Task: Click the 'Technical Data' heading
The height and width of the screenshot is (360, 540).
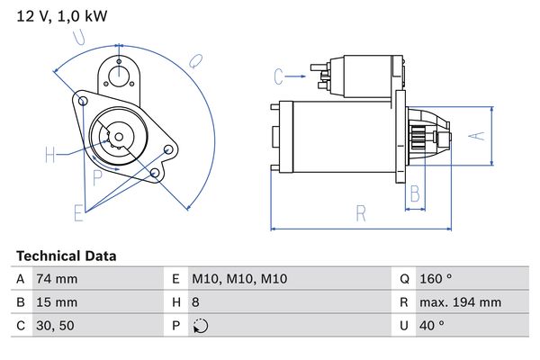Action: (66, 256)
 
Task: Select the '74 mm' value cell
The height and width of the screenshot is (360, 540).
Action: (56, 279)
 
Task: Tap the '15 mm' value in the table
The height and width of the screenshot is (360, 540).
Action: (56, 302)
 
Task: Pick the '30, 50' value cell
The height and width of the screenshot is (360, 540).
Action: (54, 326)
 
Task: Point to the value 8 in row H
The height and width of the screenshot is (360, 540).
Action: (197, 302)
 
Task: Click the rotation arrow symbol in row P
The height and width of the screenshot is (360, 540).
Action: (200, 326)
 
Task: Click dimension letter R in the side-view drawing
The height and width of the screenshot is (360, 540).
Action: (360, 213)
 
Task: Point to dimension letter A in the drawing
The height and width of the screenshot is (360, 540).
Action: (480, 136)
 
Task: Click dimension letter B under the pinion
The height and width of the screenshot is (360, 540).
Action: (415, 193)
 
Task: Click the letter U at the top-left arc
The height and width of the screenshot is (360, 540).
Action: (79, 37)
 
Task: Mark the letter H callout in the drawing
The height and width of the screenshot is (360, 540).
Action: (50, 155)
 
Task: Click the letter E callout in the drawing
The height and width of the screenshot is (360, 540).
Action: (78, 212)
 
